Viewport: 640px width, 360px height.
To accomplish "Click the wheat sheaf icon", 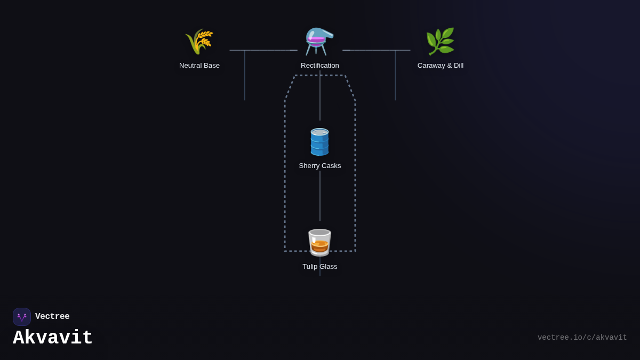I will pos(199,42).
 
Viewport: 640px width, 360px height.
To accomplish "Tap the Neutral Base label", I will pos(199,66).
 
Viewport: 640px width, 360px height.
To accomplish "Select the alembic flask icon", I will pos(319,42).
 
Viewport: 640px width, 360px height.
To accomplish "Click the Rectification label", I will pos(320,66).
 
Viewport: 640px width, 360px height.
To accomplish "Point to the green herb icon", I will pos(440,42).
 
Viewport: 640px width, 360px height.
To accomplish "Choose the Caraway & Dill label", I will pos(441,66).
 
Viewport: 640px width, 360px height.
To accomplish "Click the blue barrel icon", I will pos(319,142).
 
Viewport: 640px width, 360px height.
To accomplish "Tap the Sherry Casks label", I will pos(320,166).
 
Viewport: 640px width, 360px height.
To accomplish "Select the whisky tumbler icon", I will pos(319,243).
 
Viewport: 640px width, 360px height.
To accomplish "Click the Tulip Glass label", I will pos(320,267).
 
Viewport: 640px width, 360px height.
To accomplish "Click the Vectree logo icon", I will pos(22,317).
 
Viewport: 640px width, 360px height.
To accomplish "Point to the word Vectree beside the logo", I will pos(52,317).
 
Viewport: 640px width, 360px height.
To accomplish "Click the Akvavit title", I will pos(53,338).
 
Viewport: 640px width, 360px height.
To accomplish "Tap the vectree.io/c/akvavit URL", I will pos(582,338).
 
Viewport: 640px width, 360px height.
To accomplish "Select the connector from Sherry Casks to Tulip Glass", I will pos(320,196).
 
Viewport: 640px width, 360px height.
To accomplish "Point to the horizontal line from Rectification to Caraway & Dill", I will pos(377,50).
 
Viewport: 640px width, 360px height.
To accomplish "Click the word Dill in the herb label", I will pos(457,66).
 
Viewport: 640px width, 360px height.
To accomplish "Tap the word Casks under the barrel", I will pos(331,166).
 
